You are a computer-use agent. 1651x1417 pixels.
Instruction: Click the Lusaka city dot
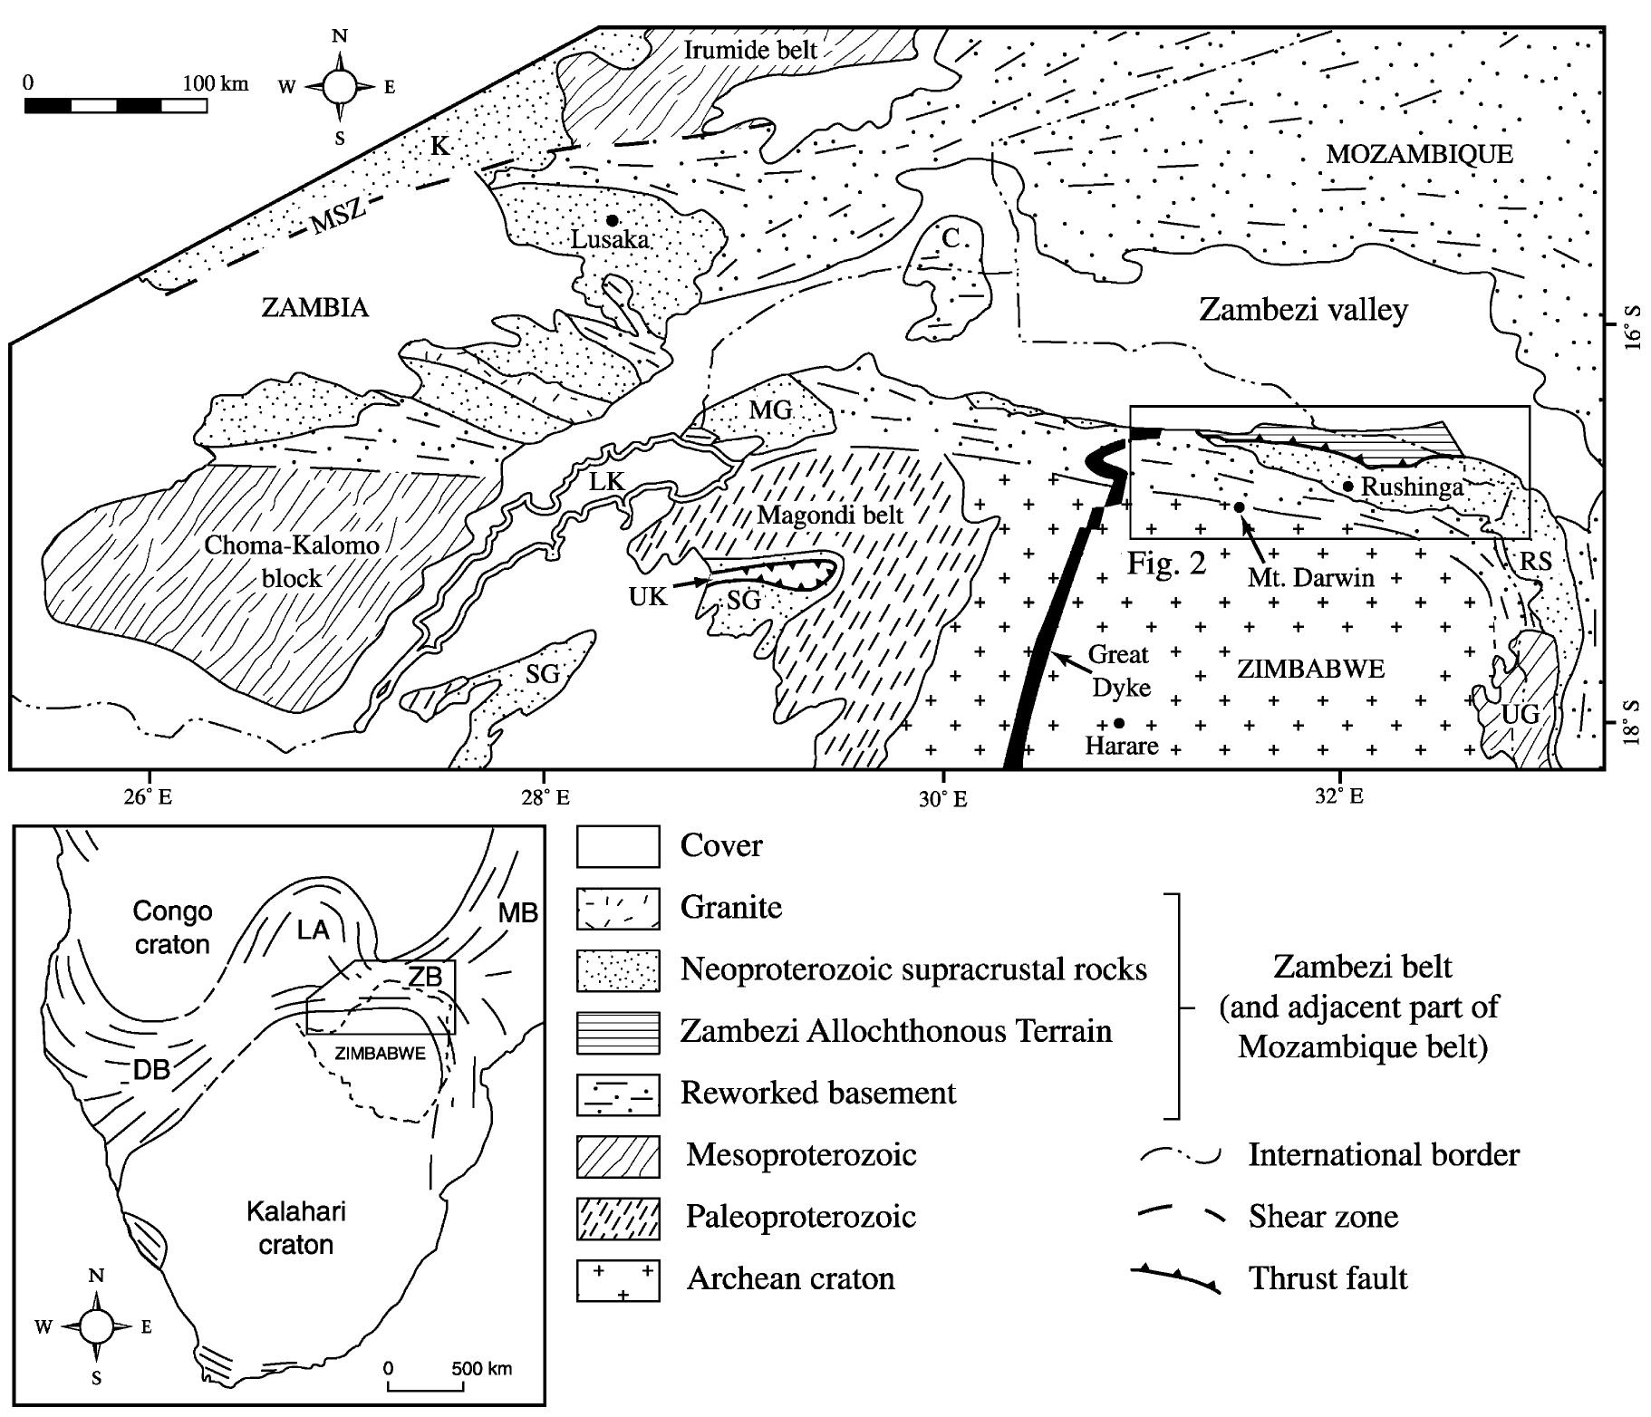(x=613, y=220)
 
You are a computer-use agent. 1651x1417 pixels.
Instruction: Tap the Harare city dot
(x=1119, y=723)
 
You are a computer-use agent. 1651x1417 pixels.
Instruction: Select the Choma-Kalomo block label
(x=291, y=561)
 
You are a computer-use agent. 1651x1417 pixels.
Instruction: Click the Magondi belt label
(x=830, y=516)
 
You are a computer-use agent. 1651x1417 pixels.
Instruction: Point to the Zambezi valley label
(x=1303, y=310)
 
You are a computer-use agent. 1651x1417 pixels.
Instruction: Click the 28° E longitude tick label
(x=544, y=798)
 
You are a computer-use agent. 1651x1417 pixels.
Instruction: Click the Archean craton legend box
(x=618, y=1279)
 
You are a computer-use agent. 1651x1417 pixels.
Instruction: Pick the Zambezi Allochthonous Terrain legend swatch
(x=618, y=1032)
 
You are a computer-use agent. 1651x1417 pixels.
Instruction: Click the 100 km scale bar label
(x=216, y=83)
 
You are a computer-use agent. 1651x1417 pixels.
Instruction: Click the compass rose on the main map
(x=341, y=87)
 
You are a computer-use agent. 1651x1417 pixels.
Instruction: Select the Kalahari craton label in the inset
(x=295, y=1228)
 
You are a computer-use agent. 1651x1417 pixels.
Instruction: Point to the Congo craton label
(x=171, y=927)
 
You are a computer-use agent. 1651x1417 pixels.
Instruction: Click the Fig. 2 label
(x=1167, y=564)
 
